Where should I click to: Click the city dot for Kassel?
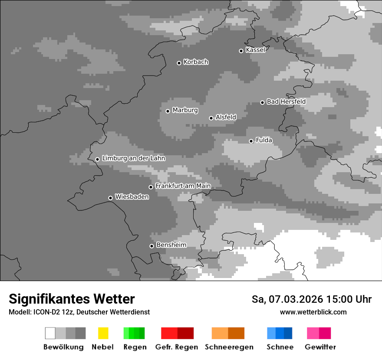241,51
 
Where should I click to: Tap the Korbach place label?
196,62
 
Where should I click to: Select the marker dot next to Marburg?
168,111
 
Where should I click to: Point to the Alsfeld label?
226,117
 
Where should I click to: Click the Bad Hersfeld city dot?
263,102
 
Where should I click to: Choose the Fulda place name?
264,140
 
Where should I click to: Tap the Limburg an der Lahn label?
133,158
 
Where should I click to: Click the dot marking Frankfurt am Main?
151,187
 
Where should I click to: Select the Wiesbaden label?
132,197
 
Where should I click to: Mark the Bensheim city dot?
152,246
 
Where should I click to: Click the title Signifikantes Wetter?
72,299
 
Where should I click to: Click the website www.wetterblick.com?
313,312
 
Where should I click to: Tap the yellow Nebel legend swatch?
103,333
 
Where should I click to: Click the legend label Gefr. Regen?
177,347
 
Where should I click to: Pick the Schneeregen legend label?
229,347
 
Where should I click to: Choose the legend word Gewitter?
320,347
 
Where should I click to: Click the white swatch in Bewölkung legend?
50,333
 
